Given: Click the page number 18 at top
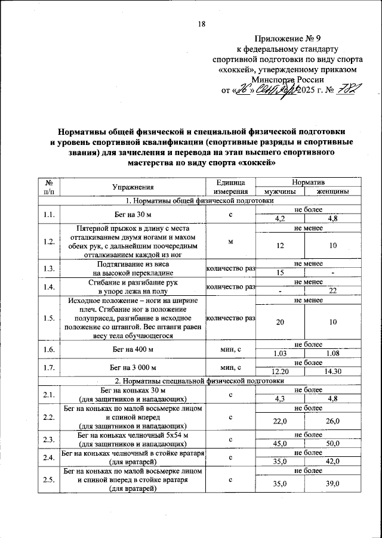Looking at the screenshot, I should click(x=201, y=24).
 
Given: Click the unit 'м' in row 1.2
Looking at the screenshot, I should click(x=230, y=242).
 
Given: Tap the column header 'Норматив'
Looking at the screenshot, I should click(x=304, y=181).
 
